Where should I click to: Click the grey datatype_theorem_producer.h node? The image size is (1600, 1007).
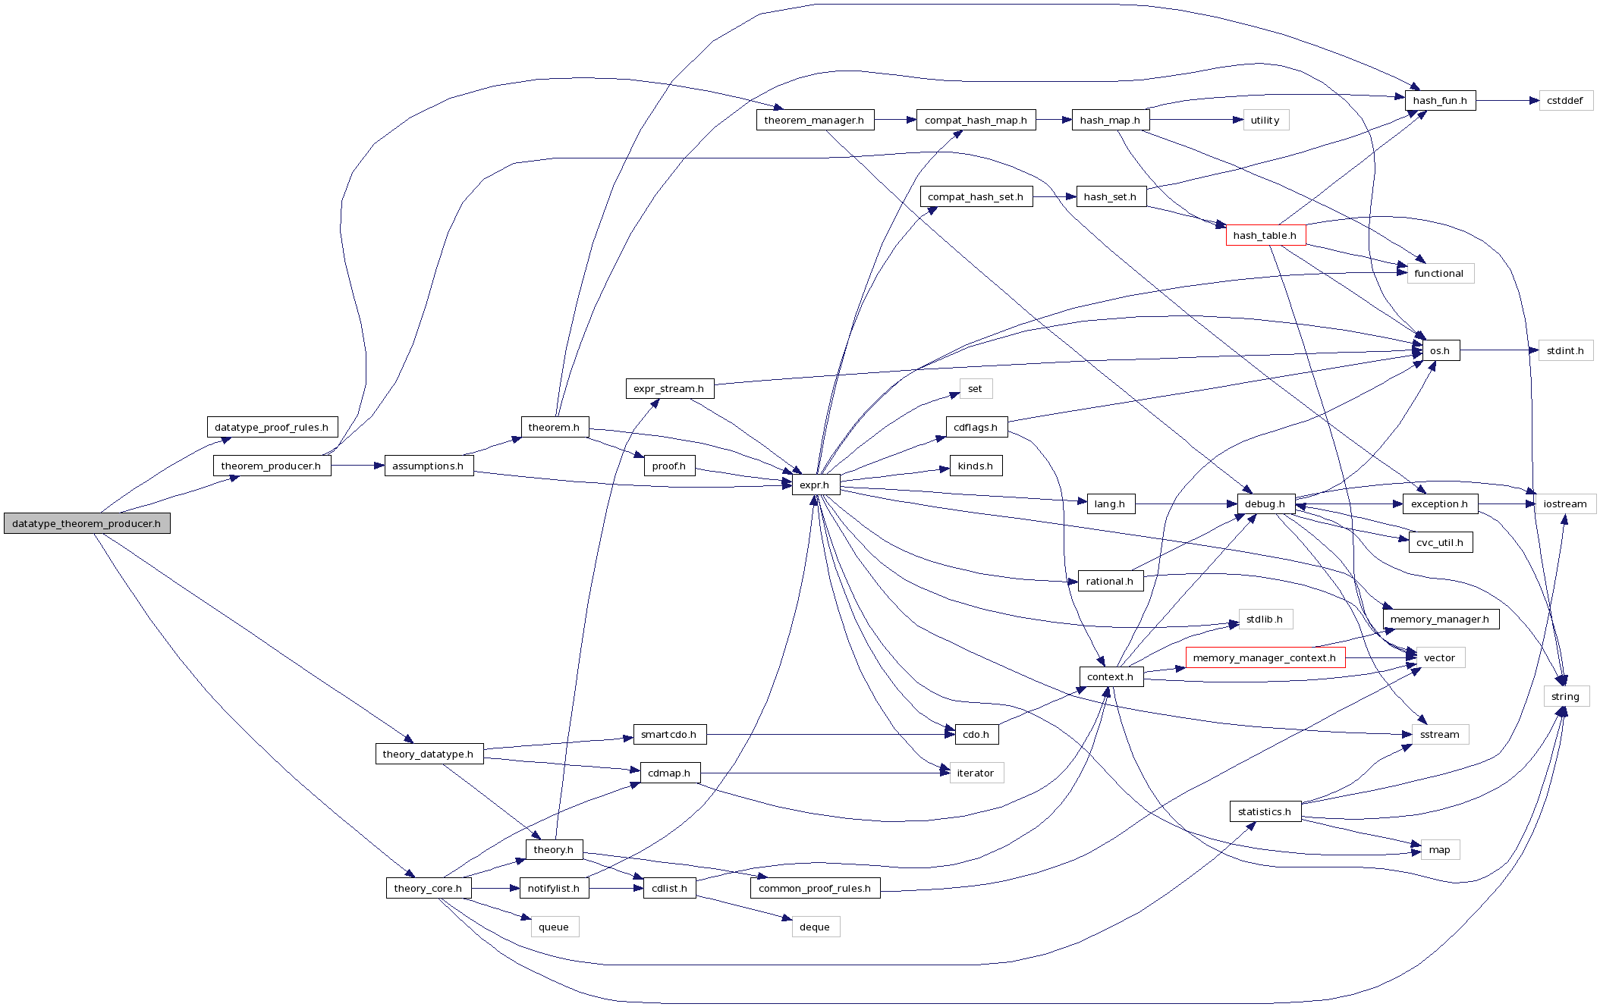click(86, 523)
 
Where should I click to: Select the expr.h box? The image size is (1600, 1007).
click(816, 485)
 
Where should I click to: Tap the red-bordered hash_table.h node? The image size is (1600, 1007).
click(1265, 235)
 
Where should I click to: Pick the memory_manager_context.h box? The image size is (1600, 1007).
click(1265, 658)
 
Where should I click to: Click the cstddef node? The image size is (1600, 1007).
click(1565, 101)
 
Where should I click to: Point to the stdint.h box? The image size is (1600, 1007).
click(1565, 351)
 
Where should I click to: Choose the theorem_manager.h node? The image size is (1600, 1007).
click(814, 121)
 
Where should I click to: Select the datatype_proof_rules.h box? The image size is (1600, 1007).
click(272, 428)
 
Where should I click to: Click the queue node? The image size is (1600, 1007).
click(554, 927)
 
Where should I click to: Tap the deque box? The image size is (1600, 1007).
click(815, 927)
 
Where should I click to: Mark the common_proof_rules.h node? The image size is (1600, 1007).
click(815, 889)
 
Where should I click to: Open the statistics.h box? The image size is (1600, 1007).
click(1265, 812)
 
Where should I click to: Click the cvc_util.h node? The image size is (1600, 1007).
click(1440, 543)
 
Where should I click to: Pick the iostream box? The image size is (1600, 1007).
click(1565, 504)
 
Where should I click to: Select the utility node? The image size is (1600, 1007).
click(1265, 121)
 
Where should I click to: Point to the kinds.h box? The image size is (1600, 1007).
click(976, 466)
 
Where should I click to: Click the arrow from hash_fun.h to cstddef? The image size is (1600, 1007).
click(1507, 101)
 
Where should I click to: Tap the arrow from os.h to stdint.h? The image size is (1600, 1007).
click(1498, 350)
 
